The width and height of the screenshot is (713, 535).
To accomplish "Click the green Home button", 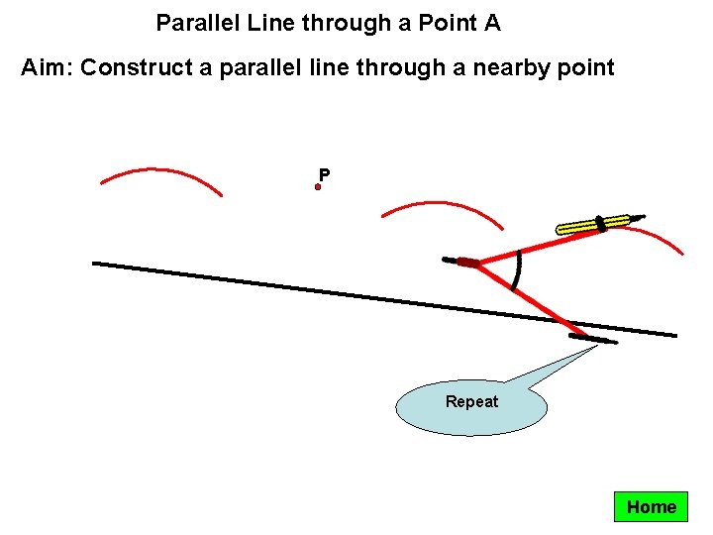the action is click(651, 507).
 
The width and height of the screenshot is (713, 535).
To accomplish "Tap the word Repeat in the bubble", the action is click(471, 401).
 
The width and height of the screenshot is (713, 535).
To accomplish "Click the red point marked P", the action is click(318, 186).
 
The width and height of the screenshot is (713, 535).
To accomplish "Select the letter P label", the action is click(324, 175).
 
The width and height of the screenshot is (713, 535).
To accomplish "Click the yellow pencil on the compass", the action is click(593, 224).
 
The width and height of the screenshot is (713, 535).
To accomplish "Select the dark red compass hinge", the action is click(467, 263).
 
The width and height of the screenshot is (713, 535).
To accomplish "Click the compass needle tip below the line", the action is click(593, 339).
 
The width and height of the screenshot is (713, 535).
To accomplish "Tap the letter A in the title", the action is click(492, 22).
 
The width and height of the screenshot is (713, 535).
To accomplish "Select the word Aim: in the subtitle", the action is click(48, 67).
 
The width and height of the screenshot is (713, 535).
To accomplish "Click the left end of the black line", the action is click(96, 263).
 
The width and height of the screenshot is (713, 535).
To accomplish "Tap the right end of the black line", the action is click(674, 335).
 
